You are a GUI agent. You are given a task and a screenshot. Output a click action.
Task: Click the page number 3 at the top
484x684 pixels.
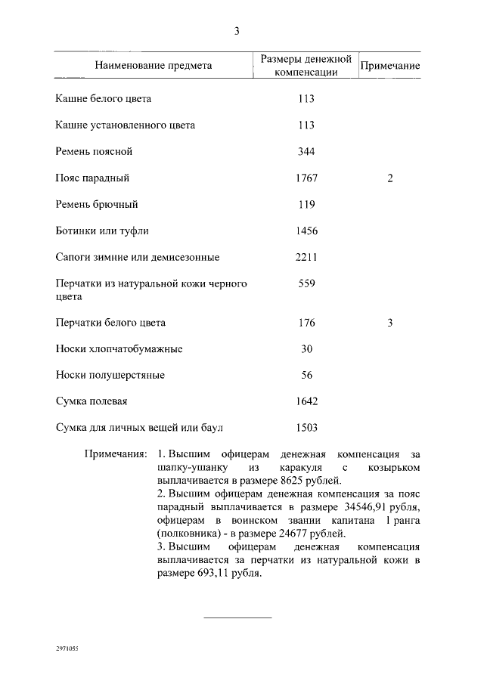point(237,31)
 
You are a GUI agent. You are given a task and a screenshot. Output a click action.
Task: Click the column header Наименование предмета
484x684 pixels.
point(154,66)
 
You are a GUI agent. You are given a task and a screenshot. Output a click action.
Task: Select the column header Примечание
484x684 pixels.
point(389,66)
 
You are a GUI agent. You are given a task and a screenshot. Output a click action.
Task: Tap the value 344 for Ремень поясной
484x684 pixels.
point(306,152)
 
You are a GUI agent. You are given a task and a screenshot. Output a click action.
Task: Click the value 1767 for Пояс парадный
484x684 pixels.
point(306,178)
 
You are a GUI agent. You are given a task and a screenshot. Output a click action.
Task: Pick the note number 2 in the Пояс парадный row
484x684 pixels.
point(389,178)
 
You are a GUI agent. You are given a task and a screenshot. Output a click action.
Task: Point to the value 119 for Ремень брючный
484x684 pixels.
point(306,205)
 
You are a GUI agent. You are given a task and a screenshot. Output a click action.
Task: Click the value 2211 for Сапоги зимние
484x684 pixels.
point(306,257)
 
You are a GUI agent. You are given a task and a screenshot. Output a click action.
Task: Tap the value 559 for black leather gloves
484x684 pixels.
point(306,283)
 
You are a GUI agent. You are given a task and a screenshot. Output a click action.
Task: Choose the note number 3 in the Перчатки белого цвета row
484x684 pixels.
point(389,323)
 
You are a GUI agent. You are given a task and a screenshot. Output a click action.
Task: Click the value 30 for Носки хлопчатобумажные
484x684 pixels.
point(306,349)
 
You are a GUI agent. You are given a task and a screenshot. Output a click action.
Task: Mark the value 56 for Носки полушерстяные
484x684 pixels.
point(306,376)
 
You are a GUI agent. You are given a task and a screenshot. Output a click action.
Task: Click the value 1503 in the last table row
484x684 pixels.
point(306,428)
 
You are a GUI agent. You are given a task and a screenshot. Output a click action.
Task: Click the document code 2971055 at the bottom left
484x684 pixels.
point(67,649)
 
